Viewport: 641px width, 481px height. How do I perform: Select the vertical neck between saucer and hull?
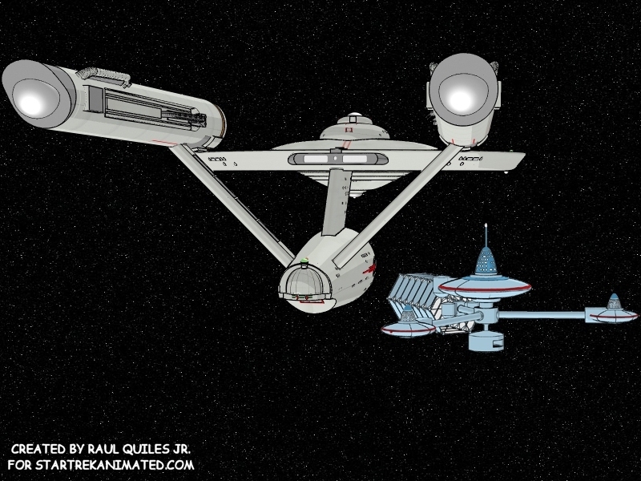[330, 204]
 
